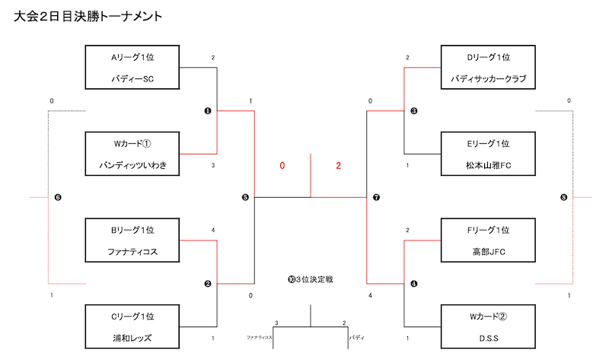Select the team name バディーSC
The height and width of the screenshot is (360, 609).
[x=132, y=78]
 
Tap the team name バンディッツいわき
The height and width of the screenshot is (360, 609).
[x=132, y=165]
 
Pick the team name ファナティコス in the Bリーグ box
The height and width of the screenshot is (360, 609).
[x=132, y=252]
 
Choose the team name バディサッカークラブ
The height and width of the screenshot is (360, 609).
[x=488, y=78]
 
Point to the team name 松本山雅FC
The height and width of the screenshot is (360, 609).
[x=488, y=165]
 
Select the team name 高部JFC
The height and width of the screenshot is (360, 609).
[x=488, y=252]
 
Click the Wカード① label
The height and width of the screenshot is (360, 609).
[x=132, y=142]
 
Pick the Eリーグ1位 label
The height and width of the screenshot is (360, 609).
[x=488, y=142]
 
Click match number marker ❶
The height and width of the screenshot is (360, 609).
[x=207, y=111]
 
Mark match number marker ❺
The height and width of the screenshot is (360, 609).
[x=244, y=198]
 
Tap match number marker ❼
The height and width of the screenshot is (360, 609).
[x=376, y=198]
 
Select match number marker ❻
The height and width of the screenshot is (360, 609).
[x=58, y=198]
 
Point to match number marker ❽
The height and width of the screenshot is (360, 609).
[x=563, y=198]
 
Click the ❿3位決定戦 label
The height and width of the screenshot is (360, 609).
[x=311, y=280]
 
